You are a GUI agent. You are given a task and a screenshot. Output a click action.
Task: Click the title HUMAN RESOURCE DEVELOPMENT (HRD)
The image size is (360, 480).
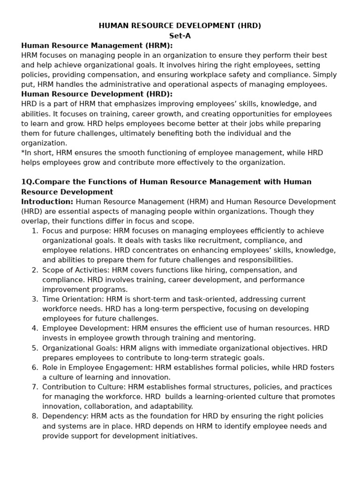[180, 26]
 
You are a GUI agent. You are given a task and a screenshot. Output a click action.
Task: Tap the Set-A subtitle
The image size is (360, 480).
[180, 36]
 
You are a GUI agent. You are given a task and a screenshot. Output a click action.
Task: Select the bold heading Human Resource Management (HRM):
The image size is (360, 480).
[97, 45]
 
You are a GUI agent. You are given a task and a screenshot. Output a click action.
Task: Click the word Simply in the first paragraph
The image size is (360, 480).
[325, 75]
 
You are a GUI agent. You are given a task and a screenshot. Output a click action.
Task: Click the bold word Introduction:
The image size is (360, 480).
[47, 202]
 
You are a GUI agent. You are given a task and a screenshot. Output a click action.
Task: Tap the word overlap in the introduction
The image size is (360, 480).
[35, 221]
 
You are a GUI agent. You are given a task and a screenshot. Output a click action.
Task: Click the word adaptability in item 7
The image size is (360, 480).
[170, 406]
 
